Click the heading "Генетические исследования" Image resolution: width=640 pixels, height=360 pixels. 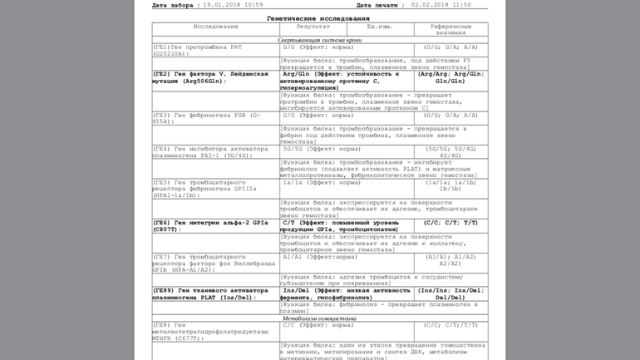(318, 18)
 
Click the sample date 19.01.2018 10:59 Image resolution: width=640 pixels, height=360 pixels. (233, 5)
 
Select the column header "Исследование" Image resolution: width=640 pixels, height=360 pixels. (215, 27)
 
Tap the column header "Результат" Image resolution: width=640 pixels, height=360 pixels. (313, 27)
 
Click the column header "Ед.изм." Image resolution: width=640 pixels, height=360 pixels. (380, 27)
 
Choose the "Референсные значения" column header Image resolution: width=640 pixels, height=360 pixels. (450, 30)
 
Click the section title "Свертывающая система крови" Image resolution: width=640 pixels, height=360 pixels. (319, 40)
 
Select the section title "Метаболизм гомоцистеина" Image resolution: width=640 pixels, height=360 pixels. (319, 318)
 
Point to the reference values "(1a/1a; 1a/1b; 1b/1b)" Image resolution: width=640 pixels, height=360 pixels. (450, 185)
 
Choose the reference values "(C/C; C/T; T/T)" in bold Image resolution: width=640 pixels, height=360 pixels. (450, 223)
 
